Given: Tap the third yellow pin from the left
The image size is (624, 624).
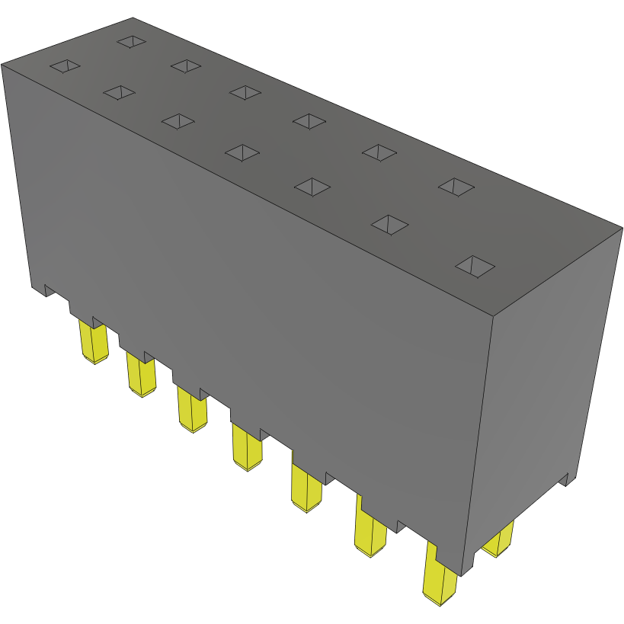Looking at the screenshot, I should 192,409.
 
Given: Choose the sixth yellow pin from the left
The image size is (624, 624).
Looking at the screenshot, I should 370,533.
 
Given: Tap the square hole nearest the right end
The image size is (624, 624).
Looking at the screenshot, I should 475,266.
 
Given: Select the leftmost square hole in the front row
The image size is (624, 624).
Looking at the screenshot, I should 65,67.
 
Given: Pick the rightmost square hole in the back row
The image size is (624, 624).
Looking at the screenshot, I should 456,186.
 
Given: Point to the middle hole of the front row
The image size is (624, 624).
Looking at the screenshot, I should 242,152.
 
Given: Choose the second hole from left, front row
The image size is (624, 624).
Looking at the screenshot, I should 118,92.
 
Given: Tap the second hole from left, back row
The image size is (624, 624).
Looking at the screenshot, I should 185,66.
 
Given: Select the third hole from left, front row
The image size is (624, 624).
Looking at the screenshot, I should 178,121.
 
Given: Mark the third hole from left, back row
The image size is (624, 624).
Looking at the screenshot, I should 245,92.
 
